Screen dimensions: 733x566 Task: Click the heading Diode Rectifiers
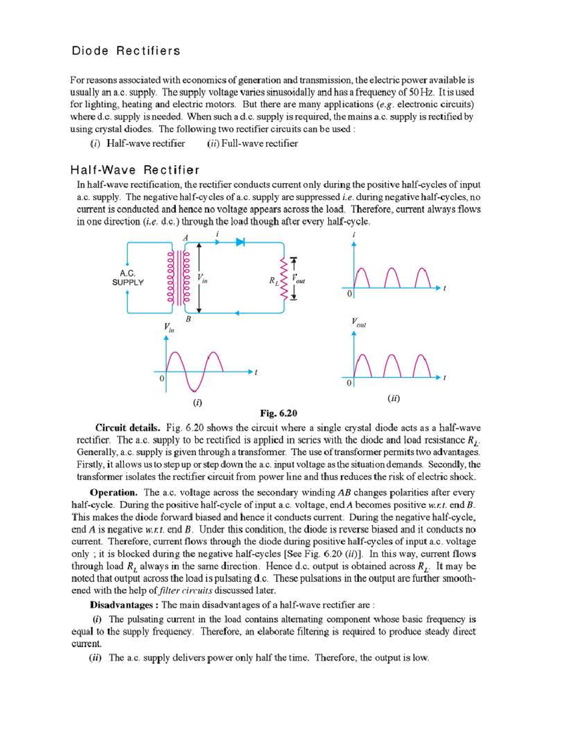pyautogui.click(x=125, y=51)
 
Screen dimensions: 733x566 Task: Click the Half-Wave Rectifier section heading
pyautogui.click(x=135, y=170)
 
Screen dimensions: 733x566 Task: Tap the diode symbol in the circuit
pyautogui.click(x=241, y=242)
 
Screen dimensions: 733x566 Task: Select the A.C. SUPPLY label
pyautogui.click(x=128, y=278)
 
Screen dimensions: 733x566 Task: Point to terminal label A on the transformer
pyautogui.click(x=185, y=238)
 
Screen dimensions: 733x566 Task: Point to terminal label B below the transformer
pyautogui.click(x=188, y=319)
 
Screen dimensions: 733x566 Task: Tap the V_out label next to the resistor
pyautogui.click(x=299, y=278)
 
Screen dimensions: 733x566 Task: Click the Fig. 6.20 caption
pyautogui.click(x=278, y=413)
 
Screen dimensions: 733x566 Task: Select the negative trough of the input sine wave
pyautogui.click(x=194, y=389)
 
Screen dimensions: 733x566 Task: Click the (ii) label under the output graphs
pyautogui.click(x=393, y=398)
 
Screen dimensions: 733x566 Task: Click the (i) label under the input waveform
pyautogui.click(x=197, y=403)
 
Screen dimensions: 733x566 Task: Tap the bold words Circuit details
pyautogui.click(x=127, y=428)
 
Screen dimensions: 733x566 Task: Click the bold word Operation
pyautogui.click(x=114, y=493)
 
